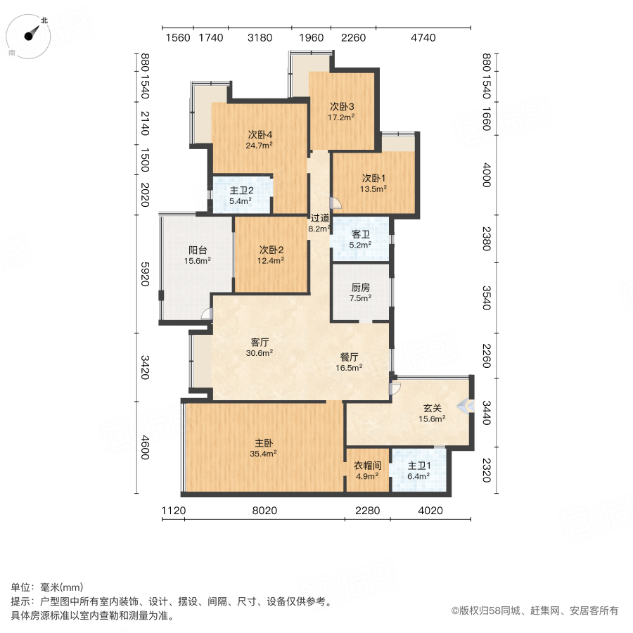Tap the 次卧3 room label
tap(343, 107)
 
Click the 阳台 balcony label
tap(198, 250)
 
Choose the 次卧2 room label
tap(271, 250)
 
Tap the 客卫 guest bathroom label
tap(360, 235)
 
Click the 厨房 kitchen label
tap(360, 288)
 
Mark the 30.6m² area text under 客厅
tap(259, 353)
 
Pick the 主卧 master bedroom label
tap(264, 443)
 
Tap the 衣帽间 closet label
tap(368, 466)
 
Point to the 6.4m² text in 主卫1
tap(419, 476)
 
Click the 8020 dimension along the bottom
tap(264, 511)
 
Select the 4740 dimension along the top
tap(423, 37)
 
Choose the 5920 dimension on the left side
tap(145, 274)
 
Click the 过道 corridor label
tap(319, 218)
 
